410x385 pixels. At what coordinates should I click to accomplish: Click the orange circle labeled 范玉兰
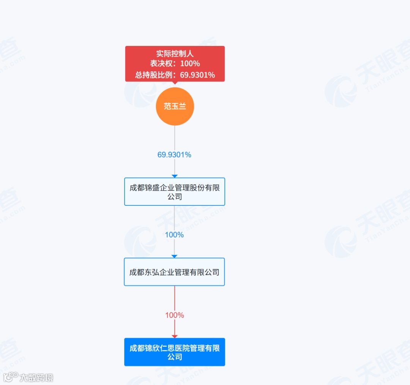pyautogui.click(x=175, y=107)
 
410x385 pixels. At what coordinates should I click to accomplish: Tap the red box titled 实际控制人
pyautogui.click(x=175, y=64)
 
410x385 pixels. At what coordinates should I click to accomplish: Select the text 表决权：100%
pyautogui.click(x=175, y=64)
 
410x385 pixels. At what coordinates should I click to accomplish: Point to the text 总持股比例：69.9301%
pyautogui.click(x=175, y=75)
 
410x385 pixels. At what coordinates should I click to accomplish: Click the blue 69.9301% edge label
pyautogui.click(x=174, y=155)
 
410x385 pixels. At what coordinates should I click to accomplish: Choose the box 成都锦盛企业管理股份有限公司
pyautogui.click(x=175, y=192)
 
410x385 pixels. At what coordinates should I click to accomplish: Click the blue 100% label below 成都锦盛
pyautogui.click(x=174, y=235)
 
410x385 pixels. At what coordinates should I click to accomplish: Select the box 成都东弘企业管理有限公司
pyautogui.click(x=174, y=272)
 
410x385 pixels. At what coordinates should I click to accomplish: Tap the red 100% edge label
pyautogui.click(x=174, y=315)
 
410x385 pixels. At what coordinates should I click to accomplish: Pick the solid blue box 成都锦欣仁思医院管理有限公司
pyautogui.click(x=175, y=352)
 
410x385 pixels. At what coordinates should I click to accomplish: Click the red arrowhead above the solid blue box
pyautogui.click(x=175, y=336)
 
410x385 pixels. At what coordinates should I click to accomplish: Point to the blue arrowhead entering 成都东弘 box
pyautogui.click(x=175, y=256)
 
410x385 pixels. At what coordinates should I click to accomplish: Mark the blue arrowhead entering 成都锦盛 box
pyautogui.click(x=175, y=176)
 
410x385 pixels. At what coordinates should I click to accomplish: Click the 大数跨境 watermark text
pyautogui.click(x=36, y=377)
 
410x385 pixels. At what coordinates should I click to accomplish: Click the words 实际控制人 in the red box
pyautogui.click(x=175, y=54)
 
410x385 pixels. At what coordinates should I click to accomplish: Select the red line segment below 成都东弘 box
pyautogui.click(x=175, y=298)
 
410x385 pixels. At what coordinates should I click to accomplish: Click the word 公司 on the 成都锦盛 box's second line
pyautogui.click(x=175, y=197)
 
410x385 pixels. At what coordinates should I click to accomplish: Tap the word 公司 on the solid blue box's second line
pyautogui.click(x=175, y=357)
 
